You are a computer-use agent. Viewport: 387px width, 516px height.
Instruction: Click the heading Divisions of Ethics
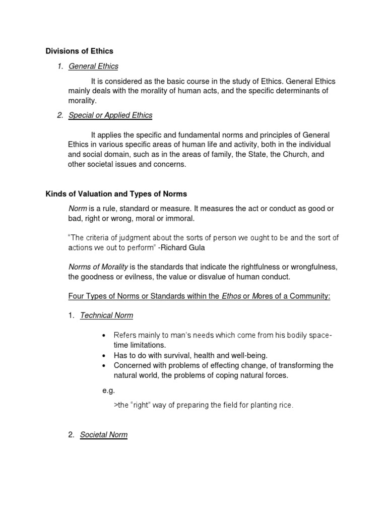click(80, 51)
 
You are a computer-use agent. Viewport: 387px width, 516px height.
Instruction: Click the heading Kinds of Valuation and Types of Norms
click(116, 194)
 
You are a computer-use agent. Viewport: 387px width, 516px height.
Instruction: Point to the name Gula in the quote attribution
click(197, 248)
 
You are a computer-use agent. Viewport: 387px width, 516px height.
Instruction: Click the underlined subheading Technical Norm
click(107, 315)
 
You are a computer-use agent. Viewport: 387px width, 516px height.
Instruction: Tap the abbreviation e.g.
click(108, 390)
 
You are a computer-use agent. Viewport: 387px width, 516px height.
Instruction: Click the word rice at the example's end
click(285, 405)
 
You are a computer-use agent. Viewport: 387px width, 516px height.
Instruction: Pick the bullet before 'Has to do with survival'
click(104, 355)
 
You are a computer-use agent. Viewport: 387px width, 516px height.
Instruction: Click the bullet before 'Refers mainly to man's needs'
click(104, 336)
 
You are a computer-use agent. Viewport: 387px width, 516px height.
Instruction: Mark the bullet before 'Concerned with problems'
click(104, 365)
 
